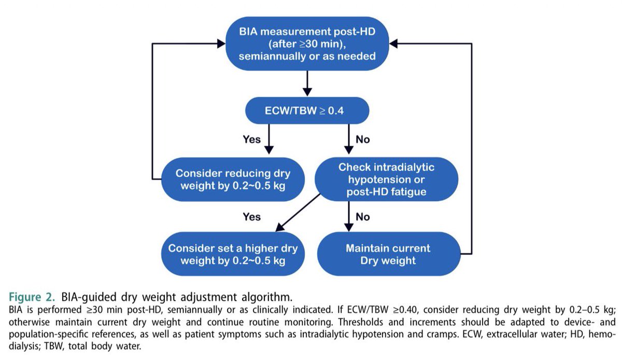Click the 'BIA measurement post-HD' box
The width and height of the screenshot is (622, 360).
pos(307,45)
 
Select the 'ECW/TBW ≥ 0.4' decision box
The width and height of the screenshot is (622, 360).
pos(307,110)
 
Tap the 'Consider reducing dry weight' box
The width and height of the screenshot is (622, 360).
pos(232,179)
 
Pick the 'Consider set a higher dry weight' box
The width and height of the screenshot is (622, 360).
pos(232,254)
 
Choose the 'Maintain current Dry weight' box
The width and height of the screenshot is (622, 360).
pos(388,254)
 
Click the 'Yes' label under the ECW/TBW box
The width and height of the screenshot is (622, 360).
pos(252,140)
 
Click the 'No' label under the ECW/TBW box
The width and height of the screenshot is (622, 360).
pos(363,140)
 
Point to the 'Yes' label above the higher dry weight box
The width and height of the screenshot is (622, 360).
pos(252,216)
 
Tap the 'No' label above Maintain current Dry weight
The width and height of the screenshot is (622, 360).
pos(363,216)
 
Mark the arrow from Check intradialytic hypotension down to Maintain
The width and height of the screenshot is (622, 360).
pos(347,215)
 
